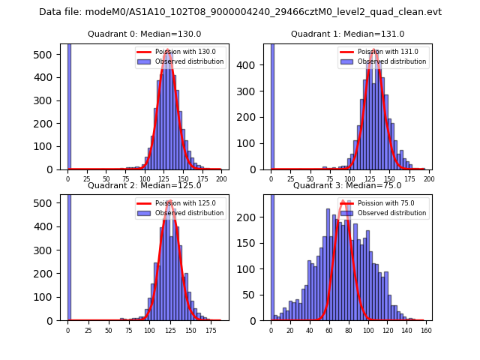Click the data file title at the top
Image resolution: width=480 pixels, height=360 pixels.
tap(240, 12)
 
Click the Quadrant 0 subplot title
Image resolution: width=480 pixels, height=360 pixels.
tap(145, 34)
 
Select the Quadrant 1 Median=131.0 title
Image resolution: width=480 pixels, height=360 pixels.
tap(348, 34)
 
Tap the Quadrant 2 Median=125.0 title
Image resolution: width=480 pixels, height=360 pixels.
tap(145, 185)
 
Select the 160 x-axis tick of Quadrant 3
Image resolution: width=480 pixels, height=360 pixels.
tap(425, 330)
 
